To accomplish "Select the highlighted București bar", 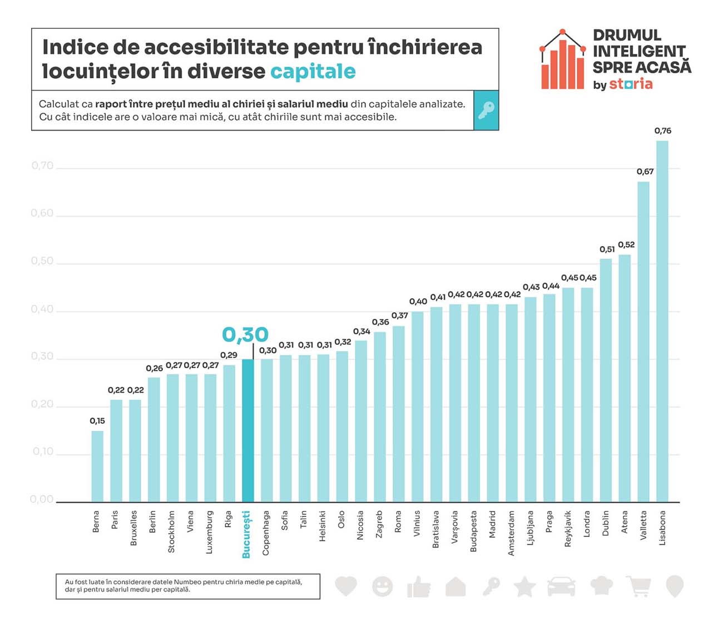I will pos(247,430).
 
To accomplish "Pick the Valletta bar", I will pos(643,342).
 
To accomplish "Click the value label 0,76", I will pos(662,131).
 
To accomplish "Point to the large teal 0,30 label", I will pos(245,335).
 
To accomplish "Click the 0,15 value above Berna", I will pos(97,421).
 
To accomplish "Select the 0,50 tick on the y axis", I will pos(42,261).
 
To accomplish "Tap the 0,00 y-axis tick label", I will pos(42,499).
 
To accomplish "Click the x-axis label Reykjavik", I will pos(568,529).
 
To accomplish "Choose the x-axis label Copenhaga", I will pos(266,533).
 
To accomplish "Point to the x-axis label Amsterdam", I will pos(511,533).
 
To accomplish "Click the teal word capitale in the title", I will pos(313,72).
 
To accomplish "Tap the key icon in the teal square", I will pos(486,110).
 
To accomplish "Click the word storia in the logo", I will pos(631,84).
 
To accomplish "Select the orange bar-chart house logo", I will pos(563,60).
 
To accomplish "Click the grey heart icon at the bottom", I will pos(346,586).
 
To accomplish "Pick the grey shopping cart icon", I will pos(638,586).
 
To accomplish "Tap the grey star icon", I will pos(524,586).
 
